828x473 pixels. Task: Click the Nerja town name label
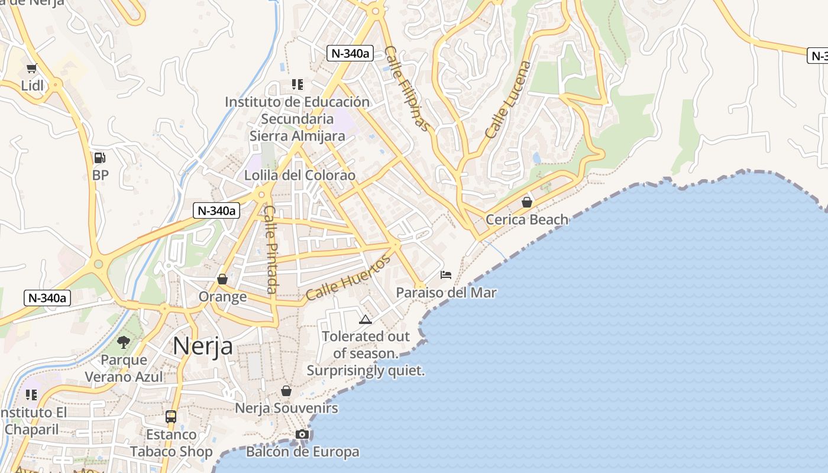click(x=203, y=346)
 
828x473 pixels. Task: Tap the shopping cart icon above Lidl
click(x=32, y=69)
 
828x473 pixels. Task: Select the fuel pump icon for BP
click(x=100, y=158)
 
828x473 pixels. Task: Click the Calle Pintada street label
click(x=270, y=249)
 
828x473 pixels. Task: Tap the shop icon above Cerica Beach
click(x=526, y=203)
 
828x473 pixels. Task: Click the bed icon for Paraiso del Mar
click(x=446, y=275)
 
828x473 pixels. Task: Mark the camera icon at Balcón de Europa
click(x=302, y=435)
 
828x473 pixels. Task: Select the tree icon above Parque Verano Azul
click(x=124, y=342)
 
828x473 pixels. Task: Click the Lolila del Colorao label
click(x=300, y=176)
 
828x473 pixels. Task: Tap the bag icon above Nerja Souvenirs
click(x=286, y=391)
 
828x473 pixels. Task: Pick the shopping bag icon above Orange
click(x=222, y=279)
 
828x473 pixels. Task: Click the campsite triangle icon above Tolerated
click(x=365, y=320)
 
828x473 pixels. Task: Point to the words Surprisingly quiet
click(x=366, y=371)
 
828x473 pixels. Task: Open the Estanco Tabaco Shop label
click(x=172, y=443)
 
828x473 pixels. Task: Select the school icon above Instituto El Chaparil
click(x=31, y=394)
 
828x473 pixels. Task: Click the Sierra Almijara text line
click(x=297, y=136)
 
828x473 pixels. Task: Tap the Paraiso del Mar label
click(x=446, y=292)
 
